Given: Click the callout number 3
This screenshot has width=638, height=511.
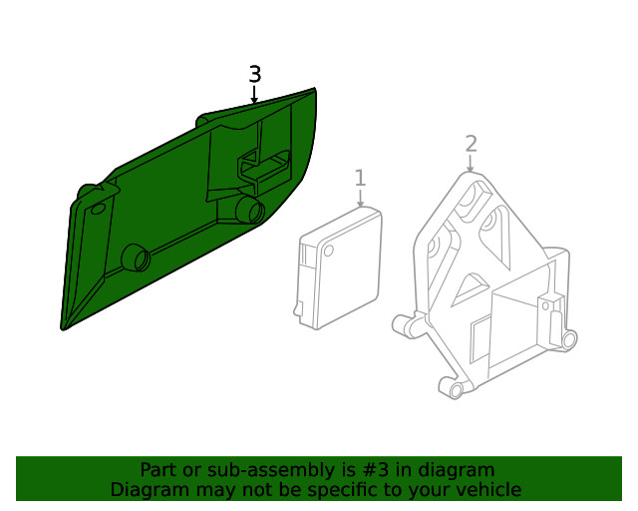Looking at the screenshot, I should click(255, 75).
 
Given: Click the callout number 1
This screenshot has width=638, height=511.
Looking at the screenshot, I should click(360, 178).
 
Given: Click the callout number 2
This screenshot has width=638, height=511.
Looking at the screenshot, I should click(471, 144).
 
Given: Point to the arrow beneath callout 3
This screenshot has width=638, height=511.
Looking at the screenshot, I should click(255, 96).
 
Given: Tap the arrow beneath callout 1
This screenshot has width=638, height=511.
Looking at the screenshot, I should click(360, 199).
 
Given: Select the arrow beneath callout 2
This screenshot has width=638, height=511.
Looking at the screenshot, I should click(471, 164).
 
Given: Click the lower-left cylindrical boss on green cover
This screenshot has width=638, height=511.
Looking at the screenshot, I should click(135, 257).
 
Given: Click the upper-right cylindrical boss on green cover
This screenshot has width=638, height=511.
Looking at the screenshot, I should click(248, 209).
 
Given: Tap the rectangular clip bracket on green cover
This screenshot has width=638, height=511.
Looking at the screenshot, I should click(261, 166).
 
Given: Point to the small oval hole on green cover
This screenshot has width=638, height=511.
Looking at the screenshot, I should click(97, 209).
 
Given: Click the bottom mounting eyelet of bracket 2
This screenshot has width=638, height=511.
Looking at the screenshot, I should click(456, 388).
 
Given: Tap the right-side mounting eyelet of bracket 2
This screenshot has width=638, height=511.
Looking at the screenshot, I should click(568, 341).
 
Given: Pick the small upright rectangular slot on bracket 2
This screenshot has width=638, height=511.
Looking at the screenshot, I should click(545, 308).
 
